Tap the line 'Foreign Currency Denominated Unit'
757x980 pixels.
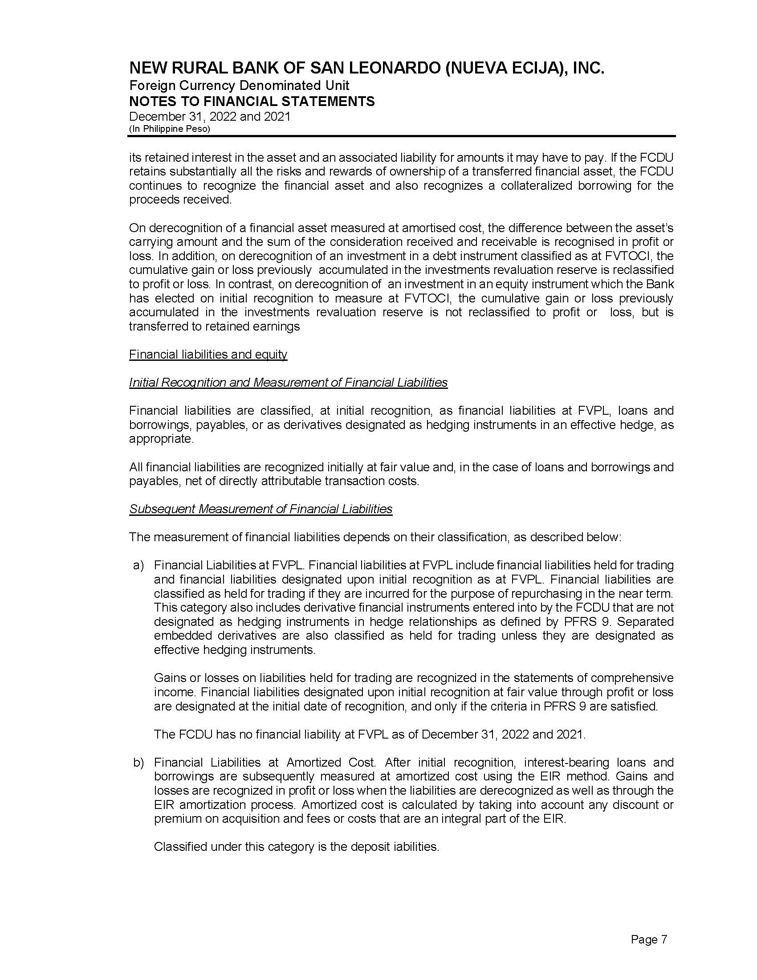click(239, 85)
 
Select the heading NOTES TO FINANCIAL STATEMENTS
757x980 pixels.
click(252, 102)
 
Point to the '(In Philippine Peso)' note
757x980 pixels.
click(170, 129)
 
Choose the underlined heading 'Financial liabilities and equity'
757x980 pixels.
click(208, 355)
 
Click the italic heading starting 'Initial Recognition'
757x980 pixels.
click(288, 382)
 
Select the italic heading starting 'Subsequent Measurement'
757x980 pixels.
click(260, 509)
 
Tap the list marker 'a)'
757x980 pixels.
click(138, 565)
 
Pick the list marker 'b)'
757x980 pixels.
click(138, 762)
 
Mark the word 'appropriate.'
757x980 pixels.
click(162, 438)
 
